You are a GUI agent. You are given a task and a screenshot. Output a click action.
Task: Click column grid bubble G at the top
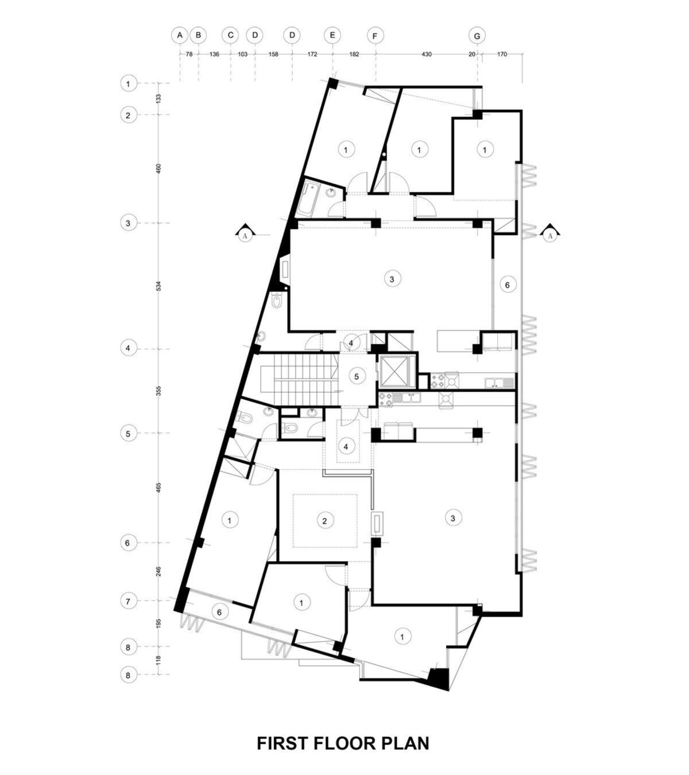pyautogui.click(x=477, y=36)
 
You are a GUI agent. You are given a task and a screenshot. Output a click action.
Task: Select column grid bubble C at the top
pyautogui.click(x=231, y=35)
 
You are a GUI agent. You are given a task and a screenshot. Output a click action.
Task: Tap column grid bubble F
pyautogui.click(x=375, y=36)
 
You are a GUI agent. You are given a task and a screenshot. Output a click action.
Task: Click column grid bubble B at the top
pyautogui.click(x=199, y=35)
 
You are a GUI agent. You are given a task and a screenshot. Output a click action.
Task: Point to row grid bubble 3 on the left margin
pyautogui.click(x=128, y=223)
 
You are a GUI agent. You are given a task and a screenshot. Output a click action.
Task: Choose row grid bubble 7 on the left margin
pyautogui.click(x=128, y=601)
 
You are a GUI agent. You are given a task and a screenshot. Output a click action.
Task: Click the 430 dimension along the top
pyautogui.click(x=426, y=54)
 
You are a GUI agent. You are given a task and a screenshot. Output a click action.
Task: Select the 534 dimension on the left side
pyautogui.click(x=158, y=286)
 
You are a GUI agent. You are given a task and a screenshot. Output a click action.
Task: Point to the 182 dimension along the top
pyautogui.click(x=354, y=54)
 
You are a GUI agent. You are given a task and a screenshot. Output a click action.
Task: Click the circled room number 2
pyautogui.click(x=325, y=521)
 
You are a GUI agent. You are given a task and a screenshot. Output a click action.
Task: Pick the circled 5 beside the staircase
pyautogui.click(x=357, y=377)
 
